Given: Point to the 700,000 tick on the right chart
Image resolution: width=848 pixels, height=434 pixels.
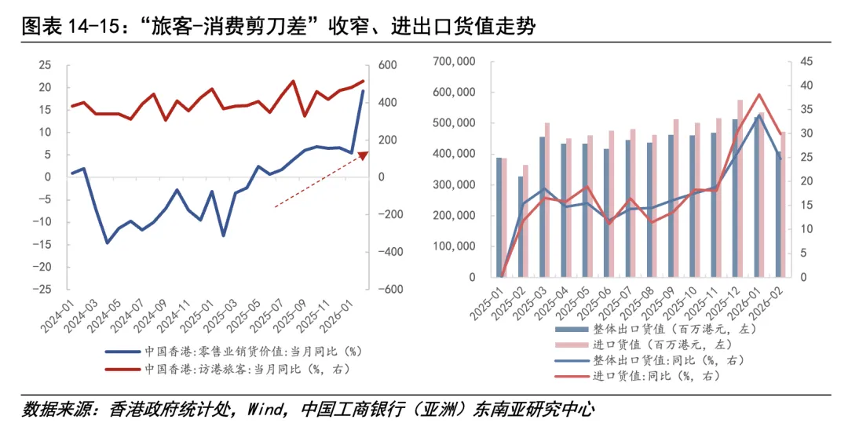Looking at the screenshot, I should [x=455, y=61].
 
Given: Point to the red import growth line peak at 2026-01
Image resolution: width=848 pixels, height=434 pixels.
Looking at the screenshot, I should [x=759, y=95].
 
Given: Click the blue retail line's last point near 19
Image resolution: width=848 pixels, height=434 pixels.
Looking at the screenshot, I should [x=363, y=91].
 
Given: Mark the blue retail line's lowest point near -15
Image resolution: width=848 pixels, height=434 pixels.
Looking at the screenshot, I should [x=108, y=243].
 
